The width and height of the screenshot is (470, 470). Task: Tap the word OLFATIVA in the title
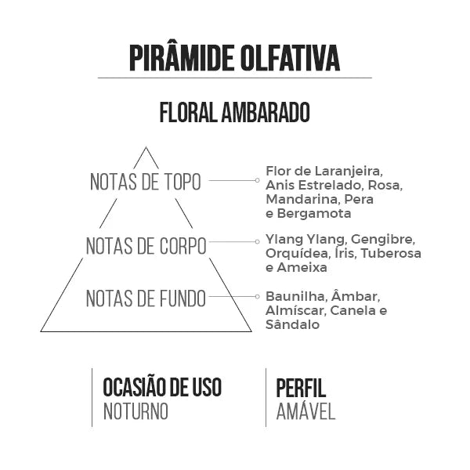click(x=290, y=58)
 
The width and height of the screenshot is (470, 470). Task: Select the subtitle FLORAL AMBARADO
click(x=235, y=112)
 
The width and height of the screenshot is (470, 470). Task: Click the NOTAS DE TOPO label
click(x=146, y=182)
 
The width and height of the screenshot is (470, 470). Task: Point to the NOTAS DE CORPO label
click(x=146, y=246)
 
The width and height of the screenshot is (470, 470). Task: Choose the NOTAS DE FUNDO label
click(x=146, y=298)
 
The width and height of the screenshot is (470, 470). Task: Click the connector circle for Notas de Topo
click(x=257, y=180)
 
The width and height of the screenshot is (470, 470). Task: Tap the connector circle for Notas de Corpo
click(x=257, y=241)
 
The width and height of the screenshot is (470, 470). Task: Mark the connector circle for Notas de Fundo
click(x=257, y=296)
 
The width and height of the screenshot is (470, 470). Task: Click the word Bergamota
click(x=314, y=214)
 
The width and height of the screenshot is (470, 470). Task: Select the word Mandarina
click(x=302, y=199)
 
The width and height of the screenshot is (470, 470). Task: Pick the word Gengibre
click(x=383, y=240)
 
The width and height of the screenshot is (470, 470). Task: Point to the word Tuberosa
click(x=391, y=254)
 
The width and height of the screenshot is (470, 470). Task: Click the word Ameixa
click(x=302, y=268)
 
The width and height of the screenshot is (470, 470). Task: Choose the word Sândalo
click(x=292, y=324)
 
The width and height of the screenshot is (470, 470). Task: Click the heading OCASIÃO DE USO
click(x=162, y=387)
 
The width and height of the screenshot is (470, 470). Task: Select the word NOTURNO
click(x=136, y=412)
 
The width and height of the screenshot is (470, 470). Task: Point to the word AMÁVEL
click(x=305, y=411)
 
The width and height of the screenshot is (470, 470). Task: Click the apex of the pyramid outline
click(x=146, y=147)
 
